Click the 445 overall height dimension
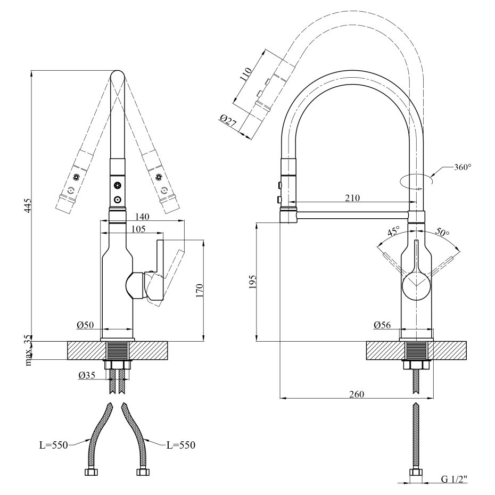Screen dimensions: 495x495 point(28,206)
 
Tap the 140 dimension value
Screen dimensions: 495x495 point(142,216)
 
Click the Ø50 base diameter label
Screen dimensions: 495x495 point(85,325)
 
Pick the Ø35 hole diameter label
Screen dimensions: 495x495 point(87,375)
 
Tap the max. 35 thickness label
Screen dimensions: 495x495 point(28,351)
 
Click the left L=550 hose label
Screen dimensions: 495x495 point(54,445)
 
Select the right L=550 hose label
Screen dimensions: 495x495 point(181,445)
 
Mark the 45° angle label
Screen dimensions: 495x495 point(393,232)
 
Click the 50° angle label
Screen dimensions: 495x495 point(442,233)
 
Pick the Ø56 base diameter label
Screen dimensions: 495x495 point(383,325)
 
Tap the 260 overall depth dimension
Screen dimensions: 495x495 point(356,394)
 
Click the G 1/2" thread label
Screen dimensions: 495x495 point(453,480)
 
